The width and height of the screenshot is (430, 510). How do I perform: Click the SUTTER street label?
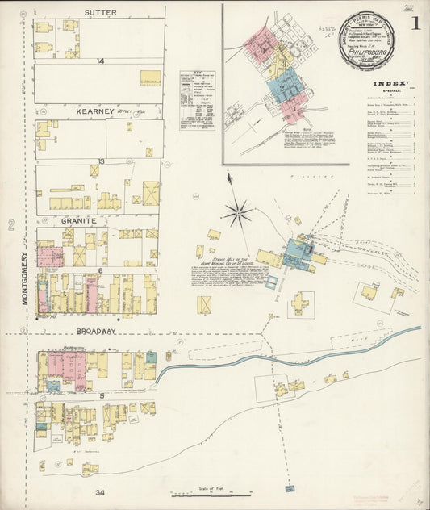click(x=101, y=13)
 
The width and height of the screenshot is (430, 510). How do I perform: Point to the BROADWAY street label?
click(x=97, y=331)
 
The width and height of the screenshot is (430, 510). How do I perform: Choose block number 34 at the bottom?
click(x=99, y=492)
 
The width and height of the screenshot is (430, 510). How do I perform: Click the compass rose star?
click(x=237, y=213)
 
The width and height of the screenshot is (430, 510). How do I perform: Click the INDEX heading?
click(x=391, y=84)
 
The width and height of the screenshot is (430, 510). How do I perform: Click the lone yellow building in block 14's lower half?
click(x=150, y=77)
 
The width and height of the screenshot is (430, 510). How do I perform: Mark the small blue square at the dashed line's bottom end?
click(x=272, y=282)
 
